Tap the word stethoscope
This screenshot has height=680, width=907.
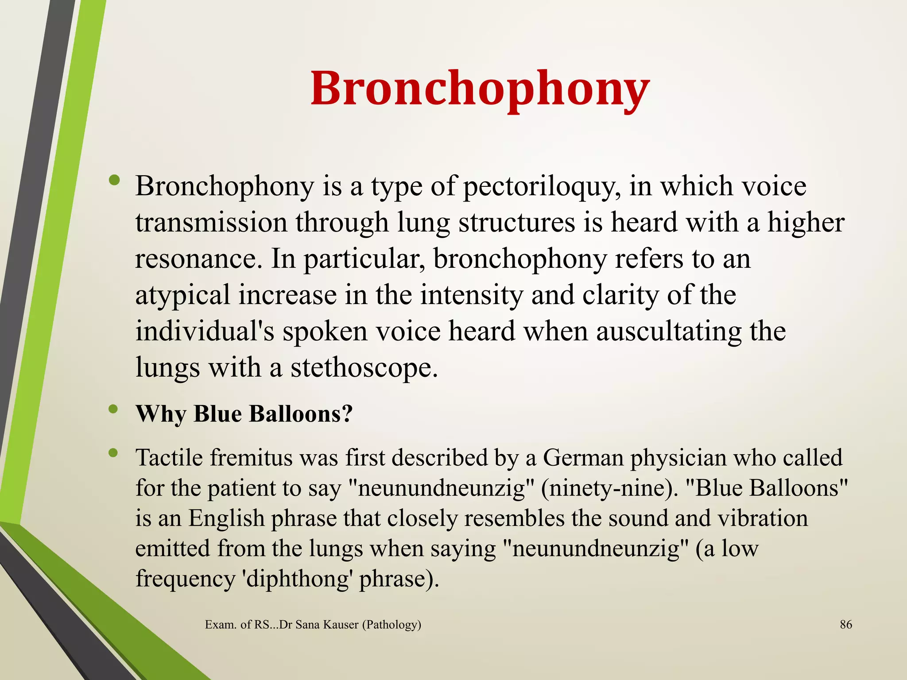point(364,367)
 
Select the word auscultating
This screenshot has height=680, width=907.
point(668,331)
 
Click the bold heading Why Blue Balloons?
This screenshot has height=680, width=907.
point(244,414)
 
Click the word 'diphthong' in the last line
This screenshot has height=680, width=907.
point(297,578)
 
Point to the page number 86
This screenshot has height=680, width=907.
point(846,625)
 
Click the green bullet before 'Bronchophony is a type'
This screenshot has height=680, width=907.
point(114,180)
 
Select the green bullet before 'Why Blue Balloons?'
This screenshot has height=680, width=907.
point(114,410)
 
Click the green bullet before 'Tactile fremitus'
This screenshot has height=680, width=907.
point(114,452)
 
